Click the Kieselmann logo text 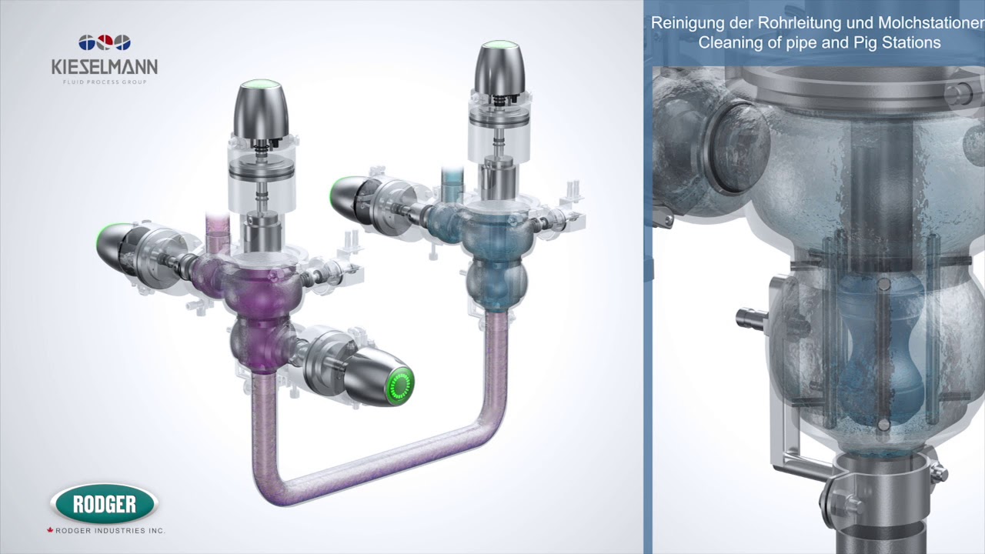pyautogui.click(x=104, y=68)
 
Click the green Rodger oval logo pyautogui.click(x=103, y=505)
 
